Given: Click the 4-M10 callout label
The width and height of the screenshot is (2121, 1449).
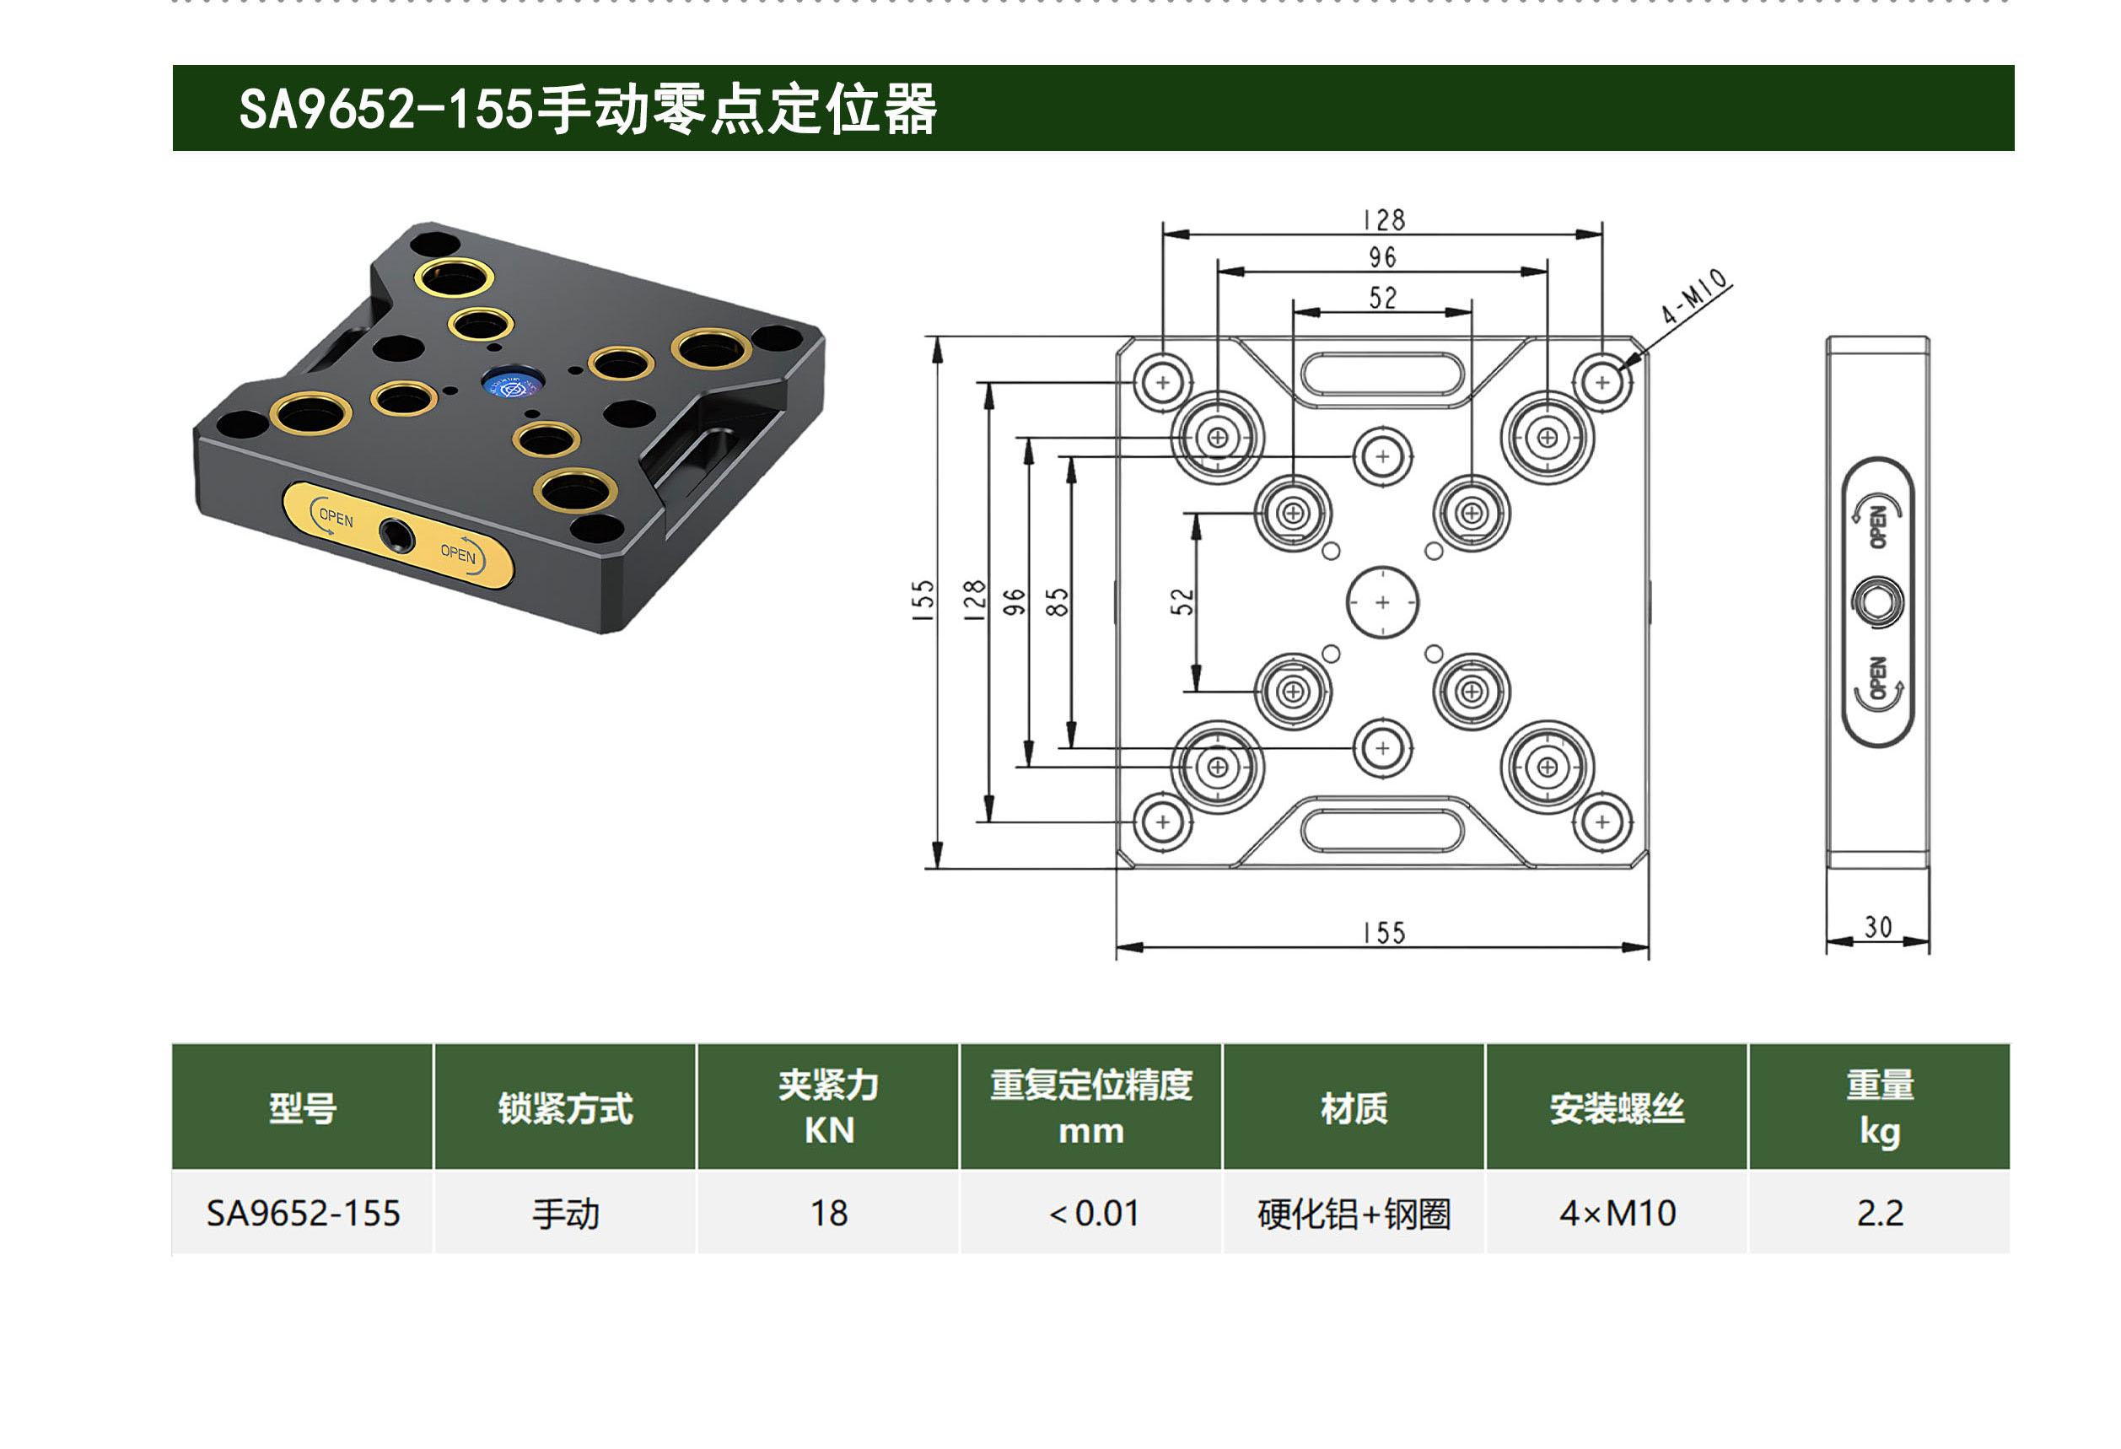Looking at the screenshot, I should [x=1695, y=297].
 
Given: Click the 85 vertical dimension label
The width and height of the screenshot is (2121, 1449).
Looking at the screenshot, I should [x=1057, y=602].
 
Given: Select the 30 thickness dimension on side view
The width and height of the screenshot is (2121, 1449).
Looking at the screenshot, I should [x=1877, y=927].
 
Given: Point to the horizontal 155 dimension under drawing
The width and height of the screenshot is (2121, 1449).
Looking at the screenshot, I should [x=1384, y=934].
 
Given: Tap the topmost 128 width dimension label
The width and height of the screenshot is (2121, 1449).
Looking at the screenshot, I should [x=1384, y=220].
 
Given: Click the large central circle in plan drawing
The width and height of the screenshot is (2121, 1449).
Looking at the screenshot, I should [x=1383, y=602].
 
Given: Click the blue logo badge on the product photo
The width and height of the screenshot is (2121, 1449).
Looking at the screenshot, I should [x=513, y=385].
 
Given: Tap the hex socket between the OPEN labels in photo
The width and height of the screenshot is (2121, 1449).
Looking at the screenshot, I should [x=396, y=536].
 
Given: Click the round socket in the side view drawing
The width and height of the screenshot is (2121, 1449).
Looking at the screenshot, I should [x=1877, y=602].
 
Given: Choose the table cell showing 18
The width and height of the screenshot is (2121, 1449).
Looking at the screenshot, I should [x=829, y=1214].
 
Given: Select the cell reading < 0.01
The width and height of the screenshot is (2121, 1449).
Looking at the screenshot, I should [x=1092, y=1214].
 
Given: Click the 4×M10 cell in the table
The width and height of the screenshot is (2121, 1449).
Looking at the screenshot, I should [x=1618, y=1214].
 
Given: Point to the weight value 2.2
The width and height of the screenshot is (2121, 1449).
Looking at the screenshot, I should [x=1880, y=1214].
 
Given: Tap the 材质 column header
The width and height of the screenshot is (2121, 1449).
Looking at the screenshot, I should [x=1354, y=1107].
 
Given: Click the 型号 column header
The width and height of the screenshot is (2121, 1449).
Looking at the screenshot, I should [x=302, y=1107].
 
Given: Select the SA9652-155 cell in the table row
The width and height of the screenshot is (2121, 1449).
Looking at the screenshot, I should [x=303, y=1214].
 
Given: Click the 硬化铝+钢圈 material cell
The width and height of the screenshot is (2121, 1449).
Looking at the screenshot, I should [x=1354, y=1214].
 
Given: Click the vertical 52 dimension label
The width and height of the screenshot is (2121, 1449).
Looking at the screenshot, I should [x=1182, y=602].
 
